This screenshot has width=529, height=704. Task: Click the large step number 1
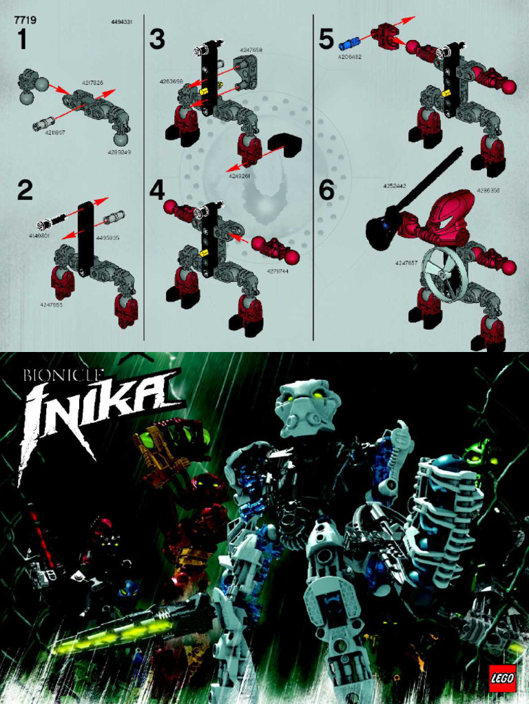(x=23, y=41)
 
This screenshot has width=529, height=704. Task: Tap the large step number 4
(x=158, y=191)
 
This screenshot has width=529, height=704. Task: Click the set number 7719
(x=25, y=21)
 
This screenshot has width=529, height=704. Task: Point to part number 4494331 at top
(x=121, y=22)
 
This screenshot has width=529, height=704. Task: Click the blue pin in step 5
(x=348, y=43)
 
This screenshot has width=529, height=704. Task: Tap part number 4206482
(x=350, y=57)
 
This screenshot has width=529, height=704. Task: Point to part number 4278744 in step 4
(x=278, y=271)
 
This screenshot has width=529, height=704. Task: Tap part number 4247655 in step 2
(x=52, y=304)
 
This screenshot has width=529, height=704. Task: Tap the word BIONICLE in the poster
(x=64, y=376)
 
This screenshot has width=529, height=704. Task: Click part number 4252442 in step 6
(x=395, y=186)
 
